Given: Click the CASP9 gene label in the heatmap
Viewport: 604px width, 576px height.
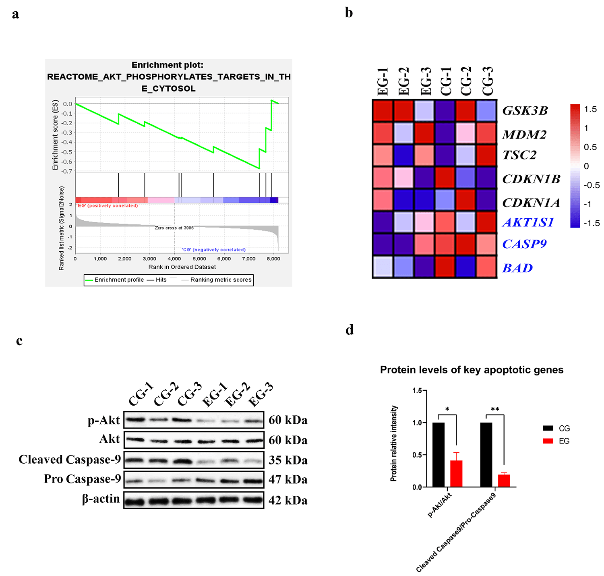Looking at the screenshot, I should pyautogui.click(x=524, y=244).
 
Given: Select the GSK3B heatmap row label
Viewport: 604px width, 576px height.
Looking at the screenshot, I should pyautogui.click(x=525, y=111).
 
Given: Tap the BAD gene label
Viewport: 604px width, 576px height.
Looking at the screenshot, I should pyautogui.click(x=517, y=268).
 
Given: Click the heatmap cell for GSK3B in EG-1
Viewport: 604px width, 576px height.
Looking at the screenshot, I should pyautogui.click(x=383, y=110).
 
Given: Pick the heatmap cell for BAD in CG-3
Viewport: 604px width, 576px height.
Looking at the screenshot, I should pyautogui.click(x=486, y=267).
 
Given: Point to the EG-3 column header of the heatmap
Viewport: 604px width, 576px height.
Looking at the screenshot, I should pyautogui.click(x=426, y=81).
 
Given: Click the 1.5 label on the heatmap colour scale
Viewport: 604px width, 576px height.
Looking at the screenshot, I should pyautogui.click(x=590, y=109).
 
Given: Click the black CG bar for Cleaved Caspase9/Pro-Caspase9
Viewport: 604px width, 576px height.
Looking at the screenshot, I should pyautogui.click(x=486, y=455).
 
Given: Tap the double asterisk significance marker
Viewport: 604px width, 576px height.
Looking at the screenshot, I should pyautogui.click(x=495, y=410).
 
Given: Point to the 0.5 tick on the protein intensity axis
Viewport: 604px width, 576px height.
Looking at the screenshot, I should pyautogui.click(x=417, y=455).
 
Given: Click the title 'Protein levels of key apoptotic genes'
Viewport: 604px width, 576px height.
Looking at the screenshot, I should pyautogui.click(x=472, y=370).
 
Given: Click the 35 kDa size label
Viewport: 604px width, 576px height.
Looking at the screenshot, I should pyautogui.click(x=288, y=460).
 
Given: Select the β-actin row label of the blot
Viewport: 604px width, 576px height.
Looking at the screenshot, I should pyautogui.click(x=101, y=499).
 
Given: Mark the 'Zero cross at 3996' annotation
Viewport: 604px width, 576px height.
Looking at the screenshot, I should pyautogui.click(x=174, y=228).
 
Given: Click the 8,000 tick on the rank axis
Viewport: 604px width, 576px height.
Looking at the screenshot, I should pyautogui.click(x=273, y=259).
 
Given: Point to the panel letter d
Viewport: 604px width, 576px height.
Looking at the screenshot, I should pyautogui.click(x=350, y=330).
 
